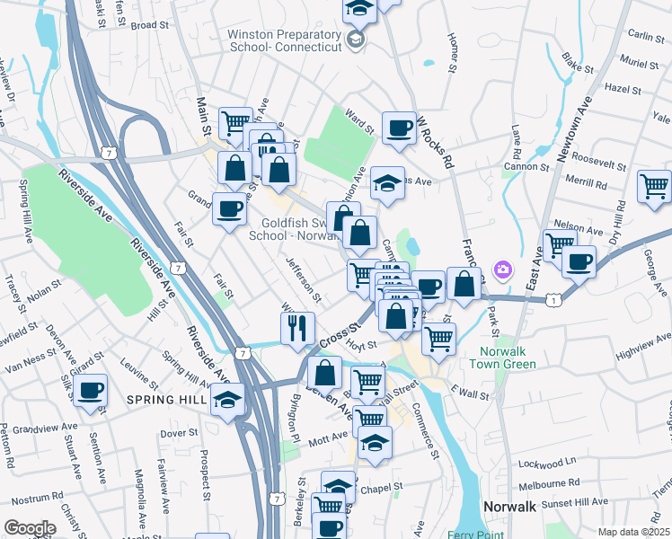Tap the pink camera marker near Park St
tap(502, 269)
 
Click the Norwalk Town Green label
tap(501, 358)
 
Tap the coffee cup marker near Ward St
tap(399, 128)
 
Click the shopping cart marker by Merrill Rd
tap(654, 185)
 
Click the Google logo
tap(30, 527)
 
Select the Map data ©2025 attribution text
tap(633, 532)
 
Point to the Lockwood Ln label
tap(547, 463)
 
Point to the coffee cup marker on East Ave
tap(579, 261)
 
